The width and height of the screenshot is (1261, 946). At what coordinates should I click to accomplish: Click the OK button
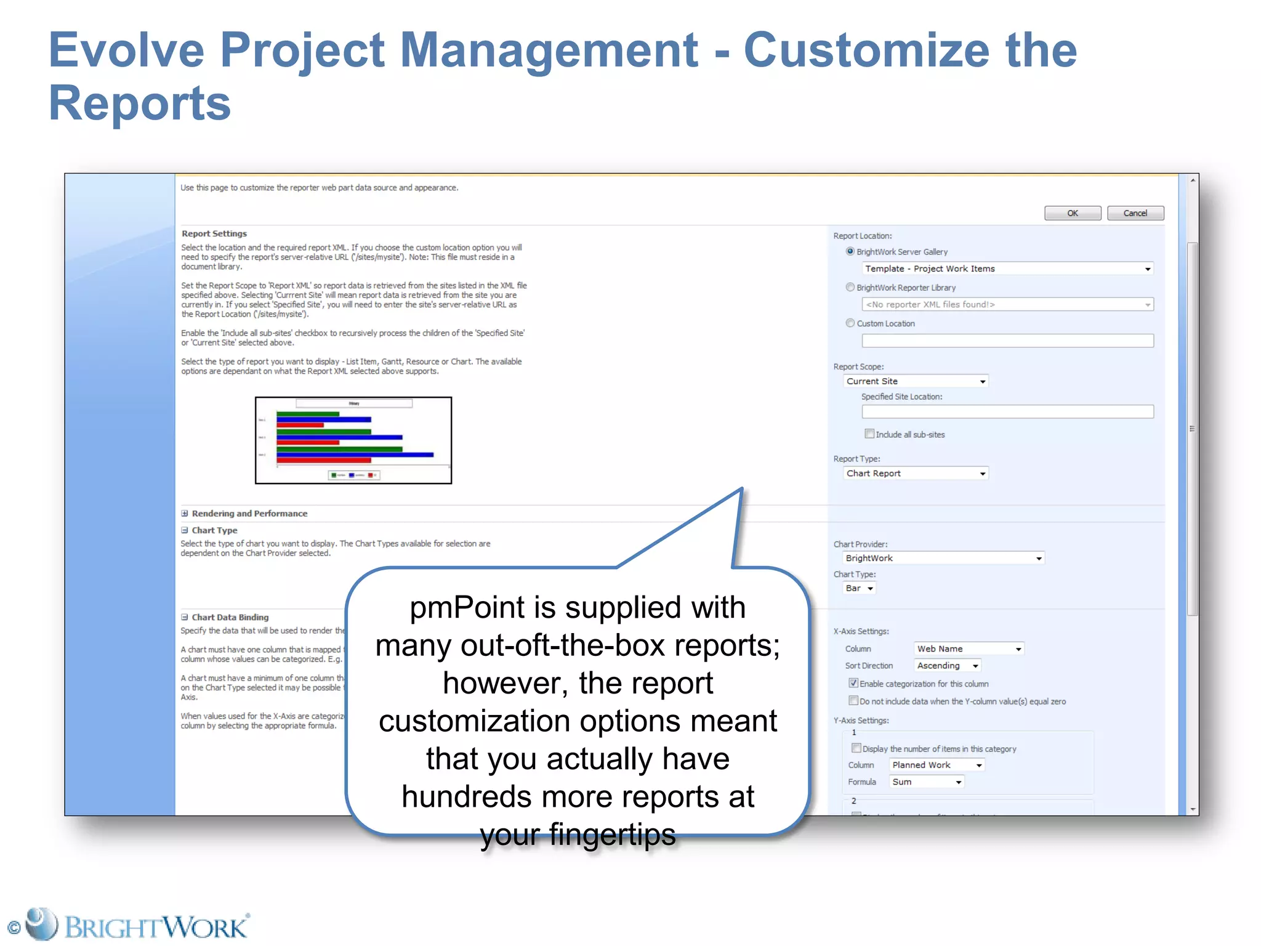click(1072, 213)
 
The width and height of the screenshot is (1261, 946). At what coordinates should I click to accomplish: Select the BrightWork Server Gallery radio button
click(850, 251)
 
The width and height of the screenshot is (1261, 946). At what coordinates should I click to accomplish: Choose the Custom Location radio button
click(850, 323)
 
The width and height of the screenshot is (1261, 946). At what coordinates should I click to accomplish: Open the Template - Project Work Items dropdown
click(1007, 269)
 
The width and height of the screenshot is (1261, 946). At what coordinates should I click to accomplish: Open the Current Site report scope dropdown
click(916, 381)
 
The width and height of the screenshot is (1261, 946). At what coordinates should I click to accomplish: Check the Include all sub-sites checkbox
click(869, 434)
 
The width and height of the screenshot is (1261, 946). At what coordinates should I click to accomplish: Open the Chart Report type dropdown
click(916, 473)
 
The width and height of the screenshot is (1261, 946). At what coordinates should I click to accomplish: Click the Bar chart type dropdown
click(859, 588)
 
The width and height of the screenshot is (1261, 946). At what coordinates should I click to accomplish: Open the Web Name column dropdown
click(969, 649)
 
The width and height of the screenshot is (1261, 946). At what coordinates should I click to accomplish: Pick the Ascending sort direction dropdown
click(947, 666)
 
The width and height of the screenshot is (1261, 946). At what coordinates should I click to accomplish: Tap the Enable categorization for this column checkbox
click(853, 683)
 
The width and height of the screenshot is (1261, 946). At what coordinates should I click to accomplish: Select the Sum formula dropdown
click(926, 782)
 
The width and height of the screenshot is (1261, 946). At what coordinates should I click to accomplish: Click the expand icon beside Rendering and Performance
click(185, 513)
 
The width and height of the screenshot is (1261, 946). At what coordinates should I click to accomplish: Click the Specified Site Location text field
click(1007, 411)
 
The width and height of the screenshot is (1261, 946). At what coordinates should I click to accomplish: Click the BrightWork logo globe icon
click(41, 924)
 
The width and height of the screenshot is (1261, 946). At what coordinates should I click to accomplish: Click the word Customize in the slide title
click(866, 51)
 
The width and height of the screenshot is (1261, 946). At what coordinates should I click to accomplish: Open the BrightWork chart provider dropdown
click(943, 558)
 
